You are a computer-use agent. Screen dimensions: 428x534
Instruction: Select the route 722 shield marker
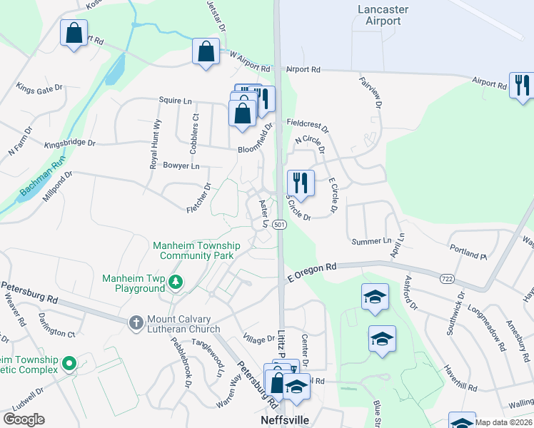447,278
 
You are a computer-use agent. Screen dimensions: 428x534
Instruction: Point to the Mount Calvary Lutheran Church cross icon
135,323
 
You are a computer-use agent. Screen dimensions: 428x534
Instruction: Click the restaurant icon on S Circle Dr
301,183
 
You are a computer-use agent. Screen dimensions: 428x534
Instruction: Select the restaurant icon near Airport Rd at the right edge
522,85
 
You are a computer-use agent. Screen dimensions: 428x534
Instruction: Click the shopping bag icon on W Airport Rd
206,51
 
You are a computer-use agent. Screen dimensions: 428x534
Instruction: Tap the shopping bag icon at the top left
74,32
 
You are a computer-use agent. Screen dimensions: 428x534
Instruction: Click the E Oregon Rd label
312,272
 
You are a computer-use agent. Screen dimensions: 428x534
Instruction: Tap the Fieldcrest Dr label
307,126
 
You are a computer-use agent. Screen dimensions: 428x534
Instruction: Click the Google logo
24,419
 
